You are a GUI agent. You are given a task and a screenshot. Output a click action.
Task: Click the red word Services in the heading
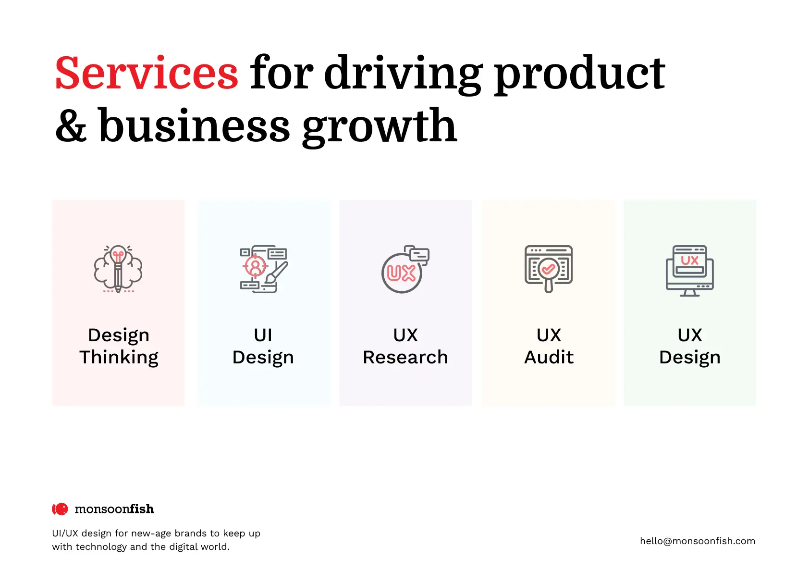click(x=146, y=72)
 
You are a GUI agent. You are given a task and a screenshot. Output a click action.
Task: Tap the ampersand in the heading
click(x=71, y=126)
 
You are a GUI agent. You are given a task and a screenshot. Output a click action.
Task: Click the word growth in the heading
click(x=380, y=127)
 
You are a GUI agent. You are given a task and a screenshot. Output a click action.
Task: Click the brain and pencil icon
click(x=118, y=269)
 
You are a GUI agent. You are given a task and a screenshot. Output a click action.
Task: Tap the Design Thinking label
click(x=119, y=346)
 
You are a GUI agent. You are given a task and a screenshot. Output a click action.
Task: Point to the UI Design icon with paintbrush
click(x=264, y=269)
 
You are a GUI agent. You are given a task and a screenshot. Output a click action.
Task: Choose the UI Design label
click(x=263, y=346)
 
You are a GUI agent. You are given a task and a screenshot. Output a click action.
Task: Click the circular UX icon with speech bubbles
click(x=405, y=269)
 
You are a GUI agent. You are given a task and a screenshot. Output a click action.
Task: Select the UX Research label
click(x=405, y=346)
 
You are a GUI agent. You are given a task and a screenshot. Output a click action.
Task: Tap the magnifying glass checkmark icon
click(x=549, y=269)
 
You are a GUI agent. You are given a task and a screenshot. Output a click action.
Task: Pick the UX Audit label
click(x=549, y=346)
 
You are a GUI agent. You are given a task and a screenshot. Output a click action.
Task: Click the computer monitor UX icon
click(x=690, y=271)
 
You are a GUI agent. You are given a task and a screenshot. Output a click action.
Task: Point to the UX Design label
click(x=690, y=346)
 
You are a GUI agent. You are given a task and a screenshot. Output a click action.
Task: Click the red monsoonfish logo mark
click(x=60, y=509)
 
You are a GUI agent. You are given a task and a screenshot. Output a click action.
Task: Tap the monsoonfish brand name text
click(x=114, y=509)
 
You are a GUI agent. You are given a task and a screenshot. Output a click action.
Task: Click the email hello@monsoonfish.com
click(x=698, y=541)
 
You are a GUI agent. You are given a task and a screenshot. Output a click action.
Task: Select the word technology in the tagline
click(x=101, y=547)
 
